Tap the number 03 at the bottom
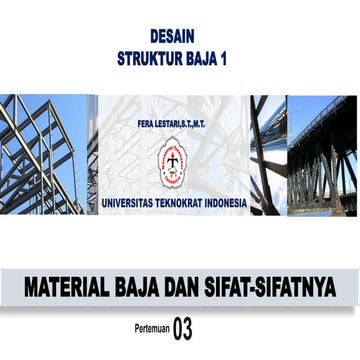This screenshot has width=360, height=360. click(182, 326)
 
